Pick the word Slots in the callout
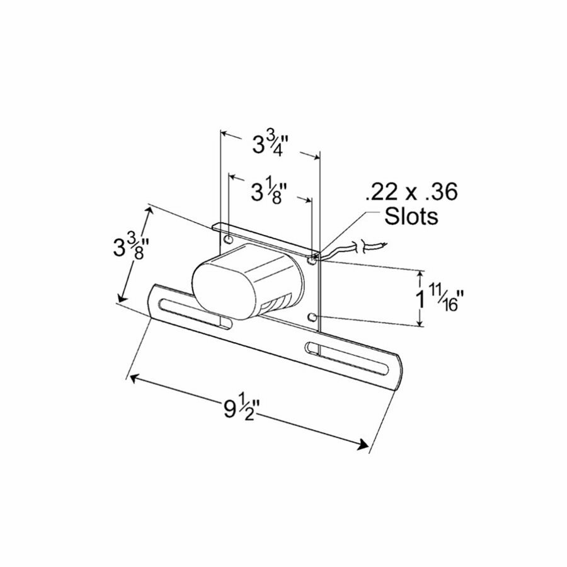click(411, 217)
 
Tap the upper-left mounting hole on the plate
click(228, 240)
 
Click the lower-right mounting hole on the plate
click(313, 316)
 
